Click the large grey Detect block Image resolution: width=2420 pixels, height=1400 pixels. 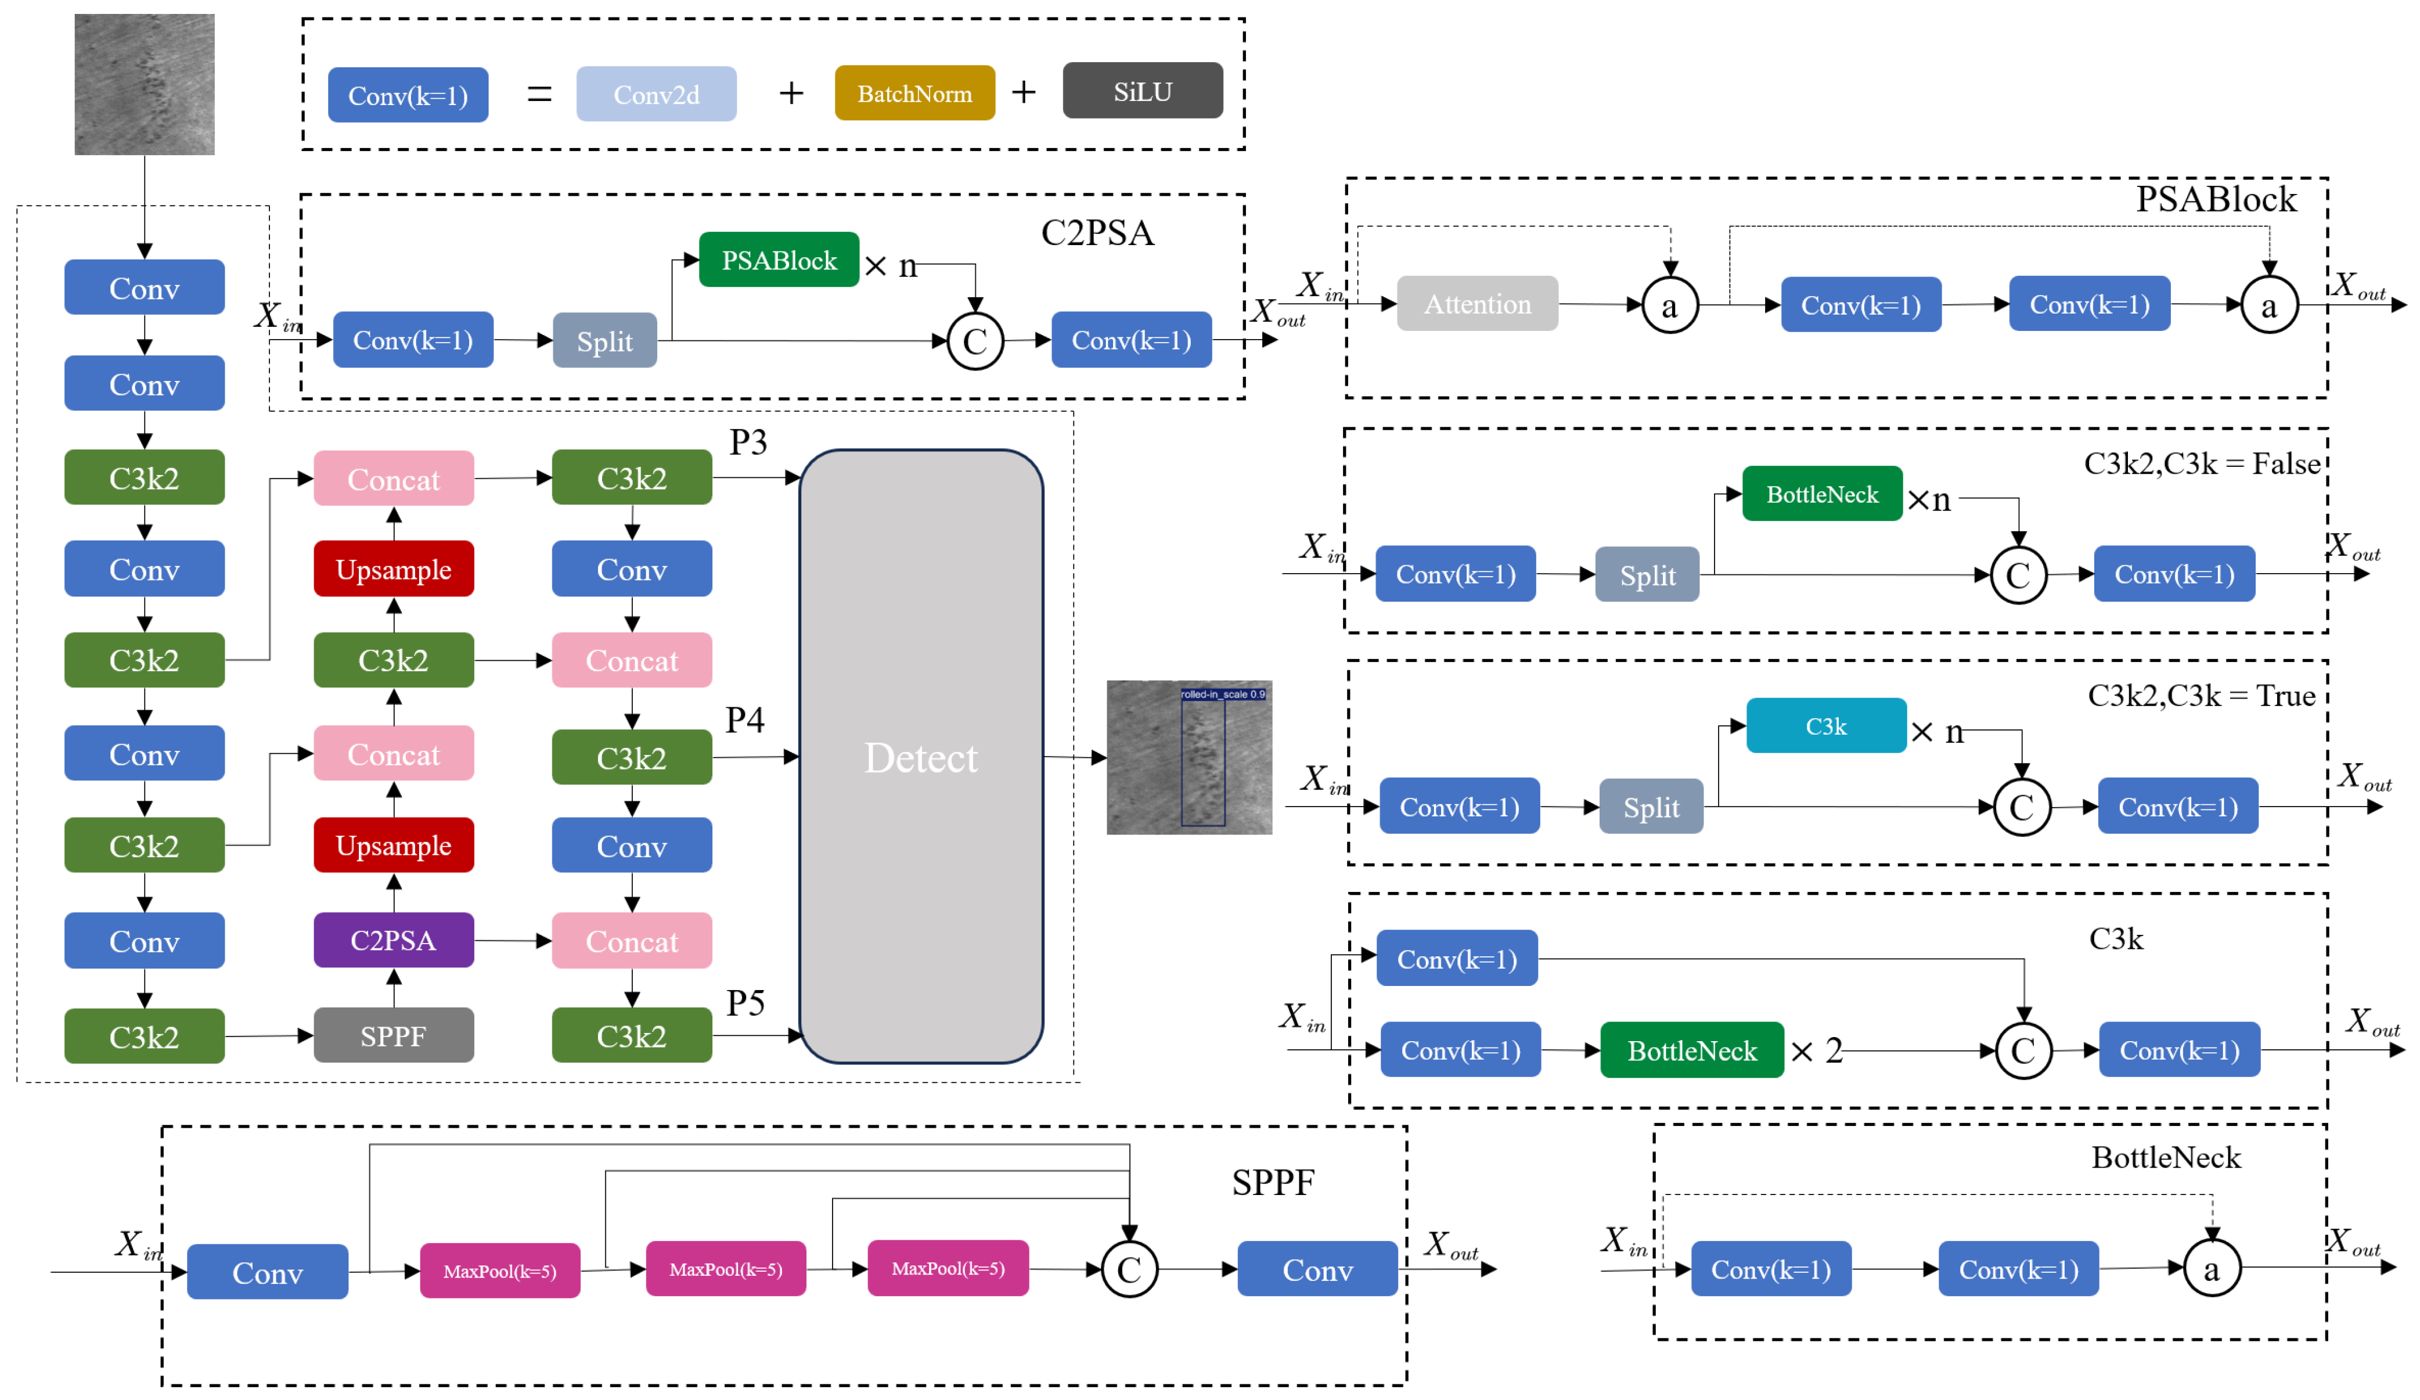pyautogui.click(x=921, y=757)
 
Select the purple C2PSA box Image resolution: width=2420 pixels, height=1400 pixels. pyautogui.click(x=394, y=940)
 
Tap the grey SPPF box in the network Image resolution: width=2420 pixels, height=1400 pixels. pyautogui.click(x=394, y=1035)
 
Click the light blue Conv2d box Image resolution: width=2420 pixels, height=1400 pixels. pyautogui.click(x=656, y=94)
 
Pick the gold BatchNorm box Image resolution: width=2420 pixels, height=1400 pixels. pyautogui.click(x=914, y=93)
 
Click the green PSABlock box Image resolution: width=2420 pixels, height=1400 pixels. pyautogui.click(x=779, y=259)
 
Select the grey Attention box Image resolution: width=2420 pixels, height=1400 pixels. pyautogui.click(x=1477, y=304)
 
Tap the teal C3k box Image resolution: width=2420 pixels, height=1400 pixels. pyautogui.click(x=1825, y=726)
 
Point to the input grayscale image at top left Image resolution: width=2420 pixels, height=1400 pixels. pyautogui.click(x=144, y=85)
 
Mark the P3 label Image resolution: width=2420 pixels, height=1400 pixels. pyautogui.click(x=748, y=442)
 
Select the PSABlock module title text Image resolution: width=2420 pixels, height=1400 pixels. pyautogui.click(x=2216, y=199)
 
